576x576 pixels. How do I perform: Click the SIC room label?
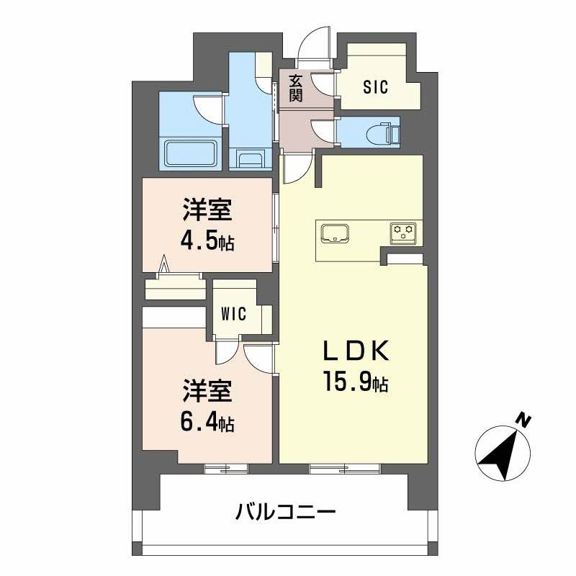(x=375, y=88)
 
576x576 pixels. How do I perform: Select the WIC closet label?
(x=234, y=314)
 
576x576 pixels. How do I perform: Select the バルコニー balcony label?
(x=286, y=513)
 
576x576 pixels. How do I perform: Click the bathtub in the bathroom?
(x=191, y=153)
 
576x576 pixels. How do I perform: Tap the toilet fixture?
(x=377, y=132)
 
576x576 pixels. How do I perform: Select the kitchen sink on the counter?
(x=336, y=233)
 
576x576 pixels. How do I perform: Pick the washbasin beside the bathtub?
(x=248, y=158)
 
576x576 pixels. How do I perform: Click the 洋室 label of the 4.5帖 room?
(x=206, y=211)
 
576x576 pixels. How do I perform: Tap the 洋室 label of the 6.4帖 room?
(x=206, y=393)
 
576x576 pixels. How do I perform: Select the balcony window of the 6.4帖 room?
(x=226, y=468)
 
